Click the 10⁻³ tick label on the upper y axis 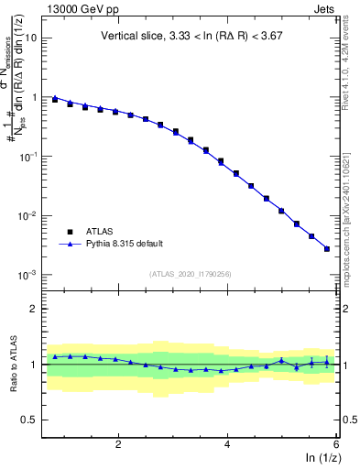pos(28,275)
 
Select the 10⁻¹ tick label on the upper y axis pos(28,157)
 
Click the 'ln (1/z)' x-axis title pos(322,457)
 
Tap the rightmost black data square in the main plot pos(327,248)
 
